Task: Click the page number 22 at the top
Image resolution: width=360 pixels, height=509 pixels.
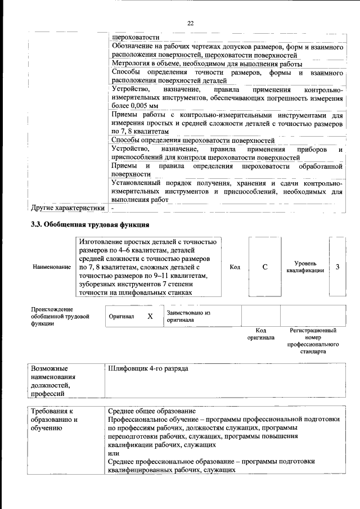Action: tap(190, 23)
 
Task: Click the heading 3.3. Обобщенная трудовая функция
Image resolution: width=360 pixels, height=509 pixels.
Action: tap(89, 225)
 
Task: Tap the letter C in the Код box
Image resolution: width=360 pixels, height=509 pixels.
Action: tap(264, 267)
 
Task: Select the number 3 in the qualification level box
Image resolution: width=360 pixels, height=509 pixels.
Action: tap(337, 267)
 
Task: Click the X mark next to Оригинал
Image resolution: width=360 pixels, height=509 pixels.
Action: tap(150, 317)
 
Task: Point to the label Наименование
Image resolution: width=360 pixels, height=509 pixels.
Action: tap(52, 267)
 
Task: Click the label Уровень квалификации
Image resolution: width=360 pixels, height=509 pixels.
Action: tap(305, 267)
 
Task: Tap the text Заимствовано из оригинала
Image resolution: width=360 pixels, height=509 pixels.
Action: tap(188, 316)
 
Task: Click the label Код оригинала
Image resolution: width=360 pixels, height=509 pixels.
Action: tap(261, 334)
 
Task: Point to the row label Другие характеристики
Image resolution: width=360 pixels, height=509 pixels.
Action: tap(68, 208)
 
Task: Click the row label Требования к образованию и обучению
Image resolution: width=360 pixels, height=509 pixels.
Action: tap(54, 420)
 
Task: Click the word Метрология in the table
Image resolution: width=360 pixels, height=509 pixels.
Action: tap(129, 64)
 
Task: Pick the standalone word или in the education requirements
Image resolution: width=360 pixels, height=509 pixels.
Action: tap(113, 453)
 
